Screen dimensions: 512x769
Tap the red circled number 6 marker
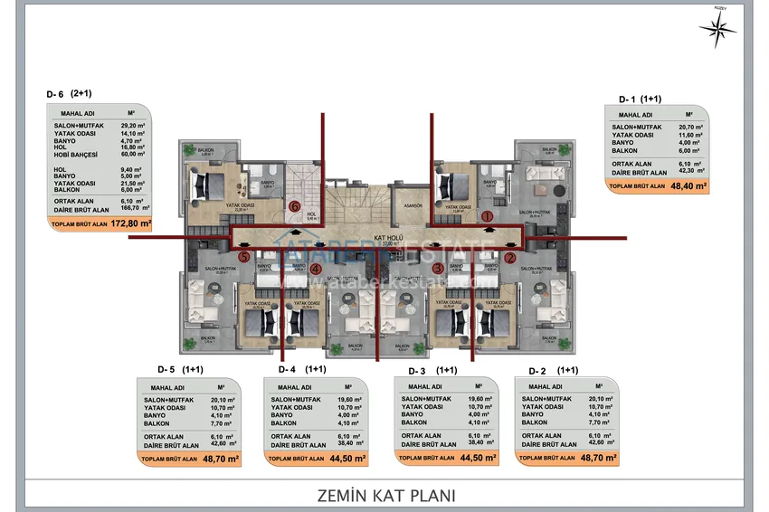(295, 205)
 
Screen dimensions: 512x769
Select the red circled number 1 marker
(485, 216)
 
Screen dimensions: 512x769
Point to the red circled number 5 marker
(243, 257)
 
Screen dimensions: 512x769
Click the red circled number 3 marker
(437, 269)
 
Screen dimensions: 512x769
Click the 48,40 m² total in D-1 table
(688, 185)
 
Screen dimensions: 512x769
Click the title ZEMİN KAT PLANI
(385, 495)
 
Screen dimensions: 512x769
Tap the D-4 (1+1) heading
(302, 369)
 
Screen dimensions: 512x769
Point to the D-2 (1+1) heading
(554, 370)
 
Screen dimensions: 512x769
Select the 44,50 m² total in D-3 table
(478, 459)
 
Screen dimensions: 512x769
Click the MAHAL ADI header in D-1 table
(635, 115)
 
